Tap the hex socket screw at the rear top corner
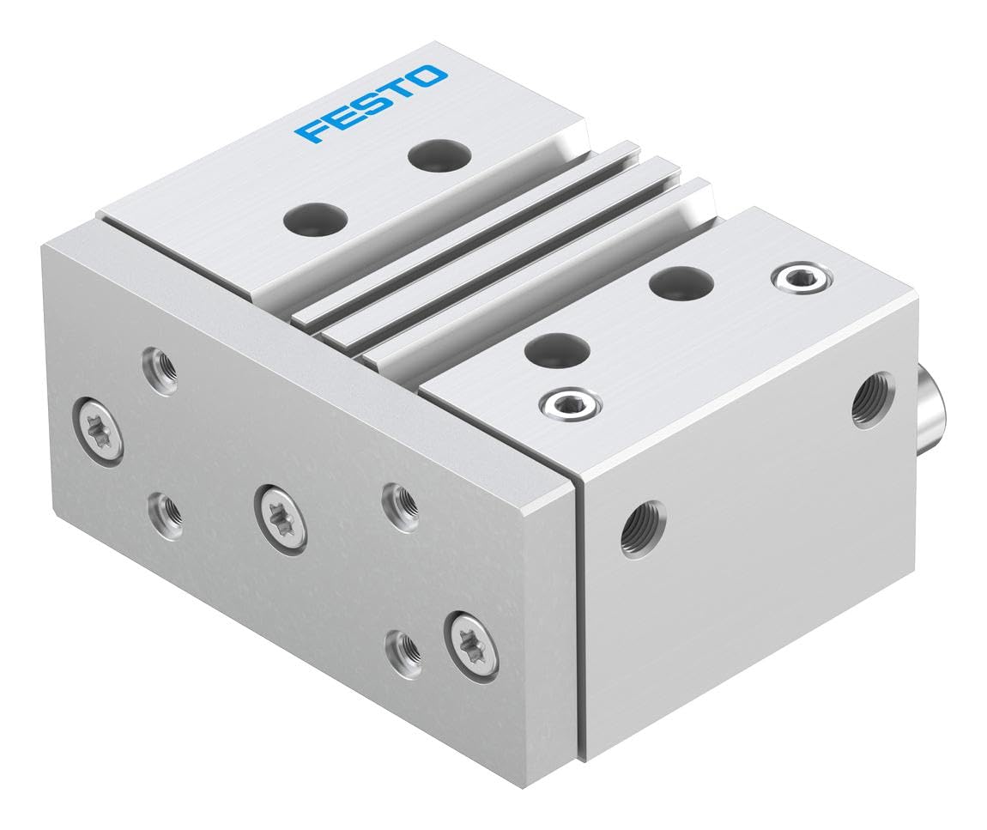pyautogui.click(x=802, y=276)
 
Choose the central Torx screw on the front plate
pyautogui.click(x=281, y=515)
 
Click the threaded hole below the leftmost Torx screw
pyautogui.click(x=162, y=511)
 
